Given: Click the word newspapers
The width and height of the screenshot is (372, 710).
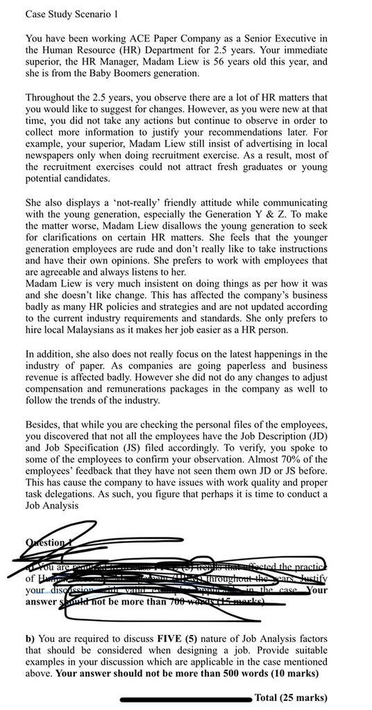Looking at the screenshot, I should pos(52,156).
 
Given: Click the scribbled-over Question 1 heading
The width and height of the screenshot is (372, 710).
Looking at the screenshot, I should pos(49,544).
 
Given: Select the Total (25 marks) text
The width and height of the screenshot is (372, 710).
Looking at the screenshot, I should pos(291,698).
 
